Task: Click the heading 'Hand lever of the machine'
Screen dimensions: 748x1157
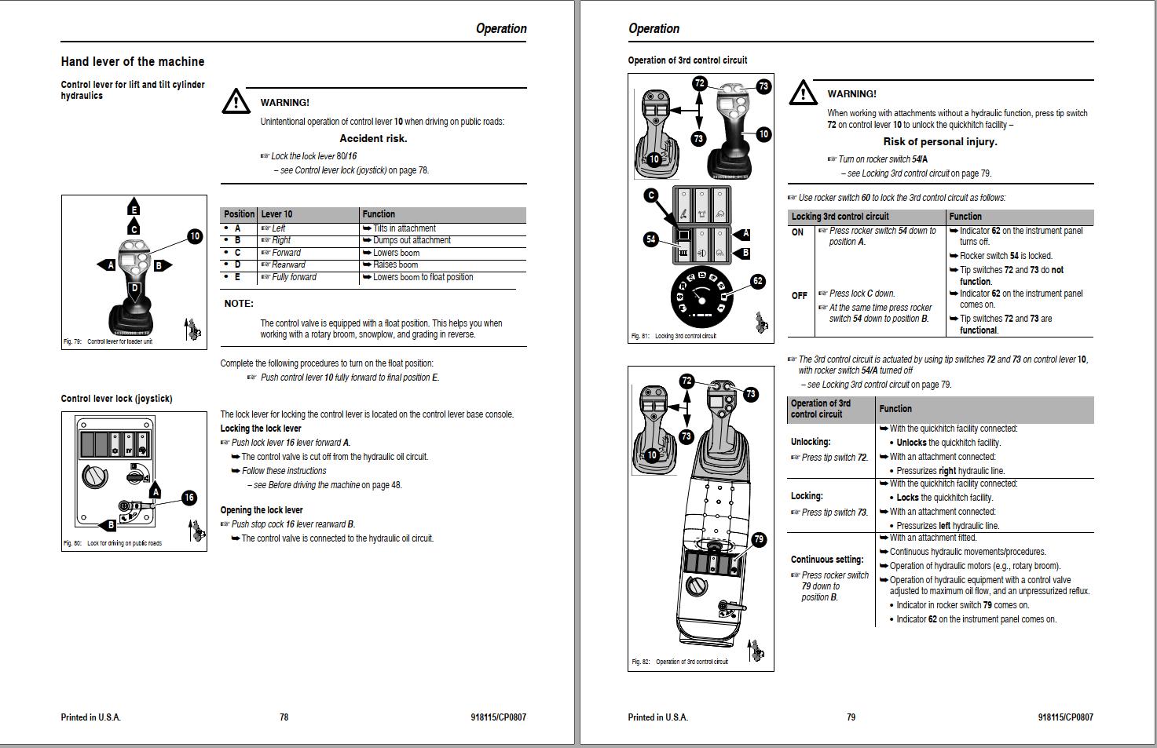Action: (x=132, y=61)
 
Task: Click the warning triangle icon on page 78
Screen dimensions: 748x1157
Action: (x=236, y=101)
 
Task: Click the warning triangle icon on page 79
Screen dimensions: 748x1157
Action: (x=802, y=93)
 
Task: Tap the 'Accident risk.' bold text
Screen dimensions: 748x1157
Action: (x=373, y=138)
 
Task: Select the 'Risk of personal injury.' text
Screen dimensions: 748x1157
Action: (x=939, y=142)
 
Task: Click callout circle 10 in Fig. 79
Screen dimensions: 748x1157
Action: (x=195, y=235)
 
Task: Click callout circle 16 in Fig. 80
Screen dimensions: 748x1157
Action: (x=189, y=498)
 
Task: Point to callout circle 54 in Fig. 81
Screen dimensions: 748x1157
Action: (x=650, y=239)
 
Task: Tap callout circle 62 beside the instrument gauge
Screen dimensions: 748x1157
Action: (x=757, y=280)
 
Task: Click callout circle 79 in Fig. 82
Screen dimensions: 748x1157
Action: (x=758, y=539)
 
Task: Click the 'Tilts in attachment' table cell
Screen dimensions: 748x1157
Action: (x=404, y=228)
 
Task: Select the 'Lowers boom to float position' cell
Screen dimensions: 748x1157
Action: (x=423, y=277)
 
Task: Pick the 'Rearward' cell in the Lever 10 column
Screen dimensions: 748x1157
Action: (x=288, y=265)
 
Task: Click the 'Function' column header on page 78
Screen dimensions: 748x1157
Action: (x=379, y=214)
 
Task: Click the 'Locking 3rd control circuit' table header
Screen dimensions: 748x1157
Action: (x=840, y=217)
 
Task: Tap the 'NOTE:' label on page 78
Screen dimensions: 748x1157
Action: (x=239, y=304)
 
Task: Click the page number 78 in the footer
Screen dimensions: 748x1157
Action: (x=284, y=717)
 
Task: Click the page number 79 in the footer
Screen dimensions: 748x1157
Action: (x=851, y=717)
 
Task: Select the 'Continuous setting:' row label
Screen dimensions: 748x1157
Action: (x=827, y=560)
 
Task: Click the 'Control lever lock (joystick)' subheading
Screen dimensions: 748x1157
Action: (x=116, y=399)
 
